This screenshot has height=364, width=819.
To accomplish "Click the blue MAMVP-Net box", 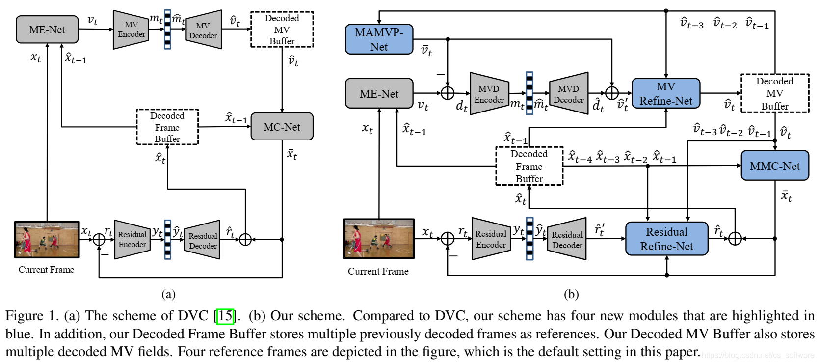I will [379, 39].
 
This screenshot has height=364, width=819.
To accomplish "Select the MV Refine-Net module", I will [665, 93].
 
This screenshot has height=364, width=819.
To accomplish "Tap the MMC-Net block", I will [774, 166].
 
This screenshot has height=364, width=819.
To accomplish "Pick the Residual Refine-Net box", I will [666, 239].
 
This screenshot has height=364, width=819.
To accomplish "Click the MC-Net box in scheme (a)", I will [282, 127].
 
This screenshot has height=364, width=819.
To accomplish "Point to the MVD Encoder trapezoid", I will [489, 94].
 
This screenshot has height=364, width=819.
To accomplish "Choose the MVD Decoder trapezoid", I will [568, 94].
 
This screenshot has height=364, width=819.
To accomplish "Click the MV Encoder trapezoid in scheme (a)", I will [131, 29].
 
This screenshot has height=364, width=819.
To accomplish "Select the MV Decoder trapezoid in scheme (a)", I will [203, 30].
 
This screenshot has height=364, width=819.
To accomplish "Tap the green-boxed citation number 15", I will [225, 315].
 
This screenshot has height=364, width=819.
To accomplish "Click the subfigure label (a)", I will [168, 294].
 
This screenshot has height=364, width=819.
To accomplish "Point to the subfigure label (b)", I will [571, 294].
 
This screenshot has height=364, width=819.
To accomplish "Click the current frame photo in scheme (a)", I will [47, 239].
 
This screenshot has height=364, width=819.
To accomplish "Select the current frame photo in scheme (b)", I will [378, 239].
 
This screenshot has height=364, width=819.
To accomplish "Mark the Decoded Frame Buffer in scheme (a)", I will [167, 127].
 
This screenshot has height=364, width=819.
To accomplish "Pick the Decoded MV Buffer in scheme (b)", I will [774, 93].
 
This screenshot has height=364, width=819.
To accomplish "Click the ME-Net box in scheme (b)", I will [379, 93].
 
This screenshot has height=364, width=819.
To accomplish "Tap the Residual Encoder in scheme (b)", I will [490, 239].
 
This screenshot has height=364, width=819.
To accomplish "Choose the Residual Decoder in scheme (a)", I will [202, 240].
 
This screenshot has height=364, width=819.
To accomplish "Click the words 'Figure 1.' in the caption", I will [32, 315].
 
